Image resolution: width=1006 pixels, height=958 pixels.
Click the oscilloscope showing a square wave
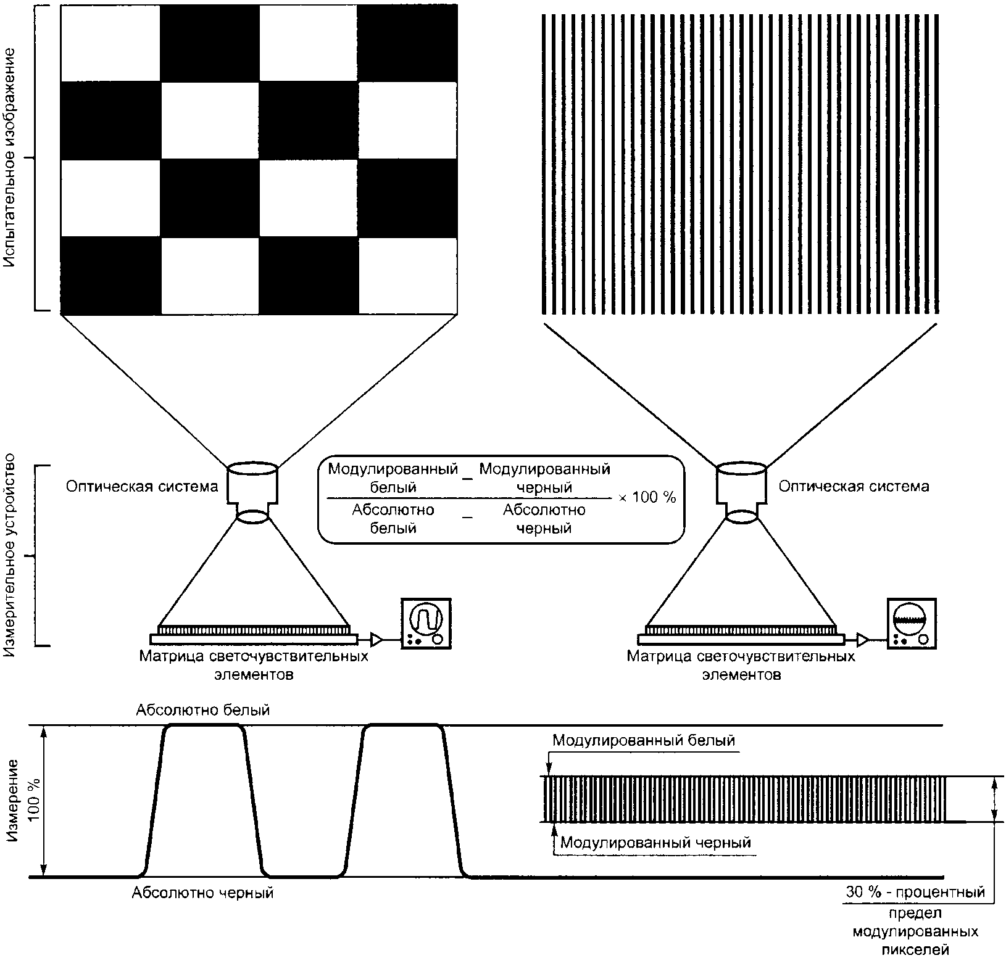(x=426, y=623)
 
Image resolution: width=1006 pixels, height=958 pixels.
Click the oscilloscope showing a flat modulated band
(x=911, y=623)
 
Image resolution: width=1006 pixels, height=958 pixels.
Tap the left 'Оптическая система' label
(x=142, y=487)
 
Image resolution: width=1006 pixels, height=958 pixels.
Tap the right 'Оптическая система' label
(x=854, y=486)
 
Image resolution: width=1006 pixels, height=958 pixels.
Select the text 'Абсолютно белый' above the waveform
(x=203, y=710)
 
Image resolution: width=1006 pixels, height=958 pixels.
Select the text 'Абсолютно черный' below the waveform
(x=202, y=892)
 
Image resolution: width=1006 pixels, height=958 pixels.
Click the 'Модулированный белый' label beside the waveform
(x=644, y=740)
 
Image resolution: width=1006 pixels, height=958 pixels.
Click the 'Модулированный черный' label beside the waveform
(x=655, y=842)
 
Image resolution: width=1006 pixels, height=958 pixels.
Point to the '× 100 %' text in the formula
(x=646, y=497)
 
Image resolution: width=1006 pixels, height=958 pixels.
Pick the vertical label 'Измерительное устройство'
(x=10, y=555)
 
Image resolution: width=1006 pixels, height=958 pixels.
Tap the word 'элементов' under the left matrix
(x=254, y=674)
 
